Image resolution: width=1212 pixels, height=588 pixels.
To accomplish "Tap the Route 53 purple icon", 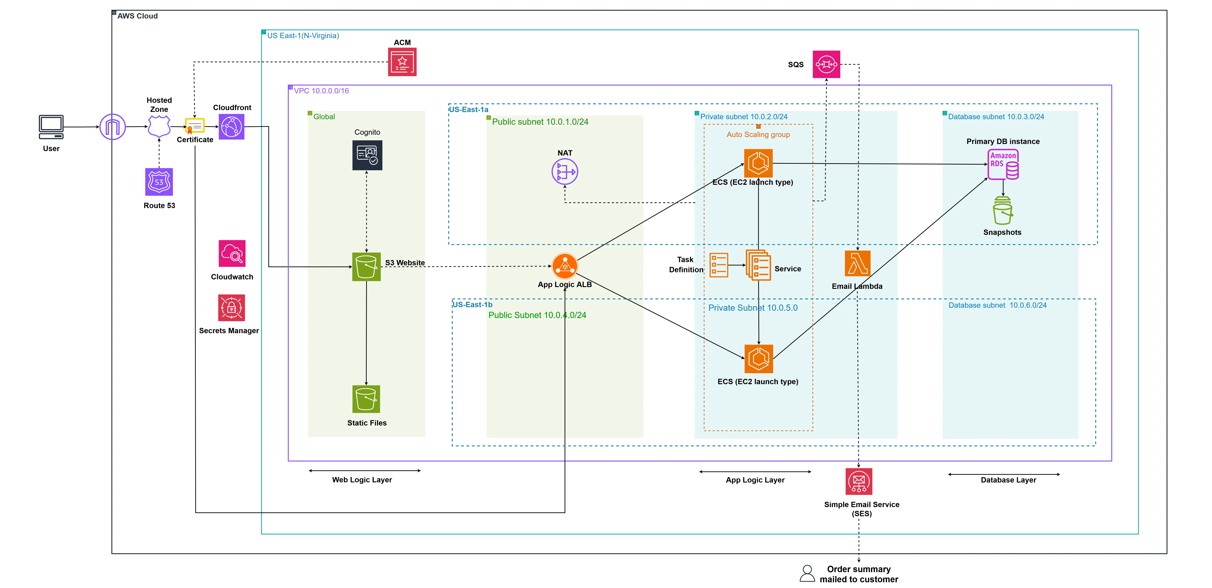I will pyautogui.click(x=159, y=182).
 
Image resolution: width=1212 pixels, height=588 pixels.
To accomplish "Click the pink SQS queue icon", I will pyautogui.click(x=826, y=65).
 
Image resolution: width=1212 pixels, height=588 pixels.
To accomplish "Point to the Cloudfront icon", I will pyautogui.click(x=232, y=127).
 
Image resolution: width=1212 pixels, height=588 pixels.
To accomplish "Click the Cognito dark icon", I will pyautogui.click(x=367, y=155).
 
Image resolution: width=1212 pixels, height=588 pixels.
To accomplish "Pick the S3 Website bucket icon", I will pyautogui.click(x=366, y=267).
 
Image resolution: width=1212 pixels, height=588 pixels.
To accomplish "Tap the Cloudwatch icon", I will pyautogui.click(x=232, y=254).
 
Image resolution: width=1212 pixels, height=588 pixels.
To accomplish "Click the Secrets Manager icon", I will pyautogui.click(x=232, y=308).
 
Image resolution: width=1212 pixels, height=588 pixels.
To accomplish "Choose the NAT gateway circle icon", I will pyautogui.click(x=565, y=172).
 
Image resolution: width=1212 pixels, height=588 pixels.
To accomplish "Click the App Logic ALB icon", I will pyautogui.click(x=565, y=266).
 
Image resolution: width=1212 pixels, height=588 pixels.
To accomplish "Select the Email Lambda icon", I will pyautogui.click(x=857, y=263).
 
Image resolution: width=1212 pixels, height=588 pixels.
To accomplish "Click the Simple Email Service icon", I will pyautogui.click(x=859, y=481).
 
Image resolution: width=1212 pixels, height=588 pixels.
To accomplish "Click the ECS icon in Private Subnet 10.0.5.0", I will pyautogui.click(x=758, y=359).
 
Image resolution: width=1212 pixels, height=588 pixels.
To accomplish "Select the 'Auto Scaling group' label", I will pyautogui.click(x=758, y=135).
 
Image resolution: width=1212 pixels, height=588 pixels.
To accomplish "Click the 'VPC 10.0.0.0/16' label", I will pyautogui.click(x=321, y=91).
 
